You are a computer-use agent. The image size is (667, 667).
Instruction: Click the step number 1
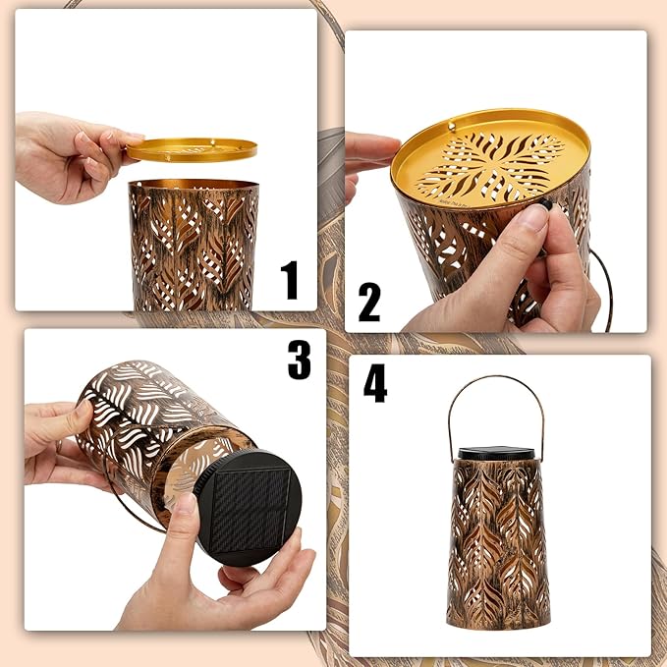click(290, 280)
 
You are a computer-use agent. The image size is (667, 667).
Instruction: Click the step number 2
click(368, 303)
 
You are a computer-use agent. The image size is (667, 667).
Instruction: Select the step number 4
click(375, 383)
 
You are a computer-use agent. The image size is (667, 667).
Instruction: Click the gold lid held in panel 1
click(192, 149)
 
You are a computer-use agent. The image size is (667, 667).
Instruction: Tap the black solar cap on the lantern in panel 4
click(496, 453)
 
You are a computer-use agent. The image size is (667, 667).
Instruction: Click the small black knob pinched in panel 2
click(545, 205)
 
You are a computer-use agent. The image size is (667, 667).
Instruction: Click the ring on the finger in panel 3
click(59, 446)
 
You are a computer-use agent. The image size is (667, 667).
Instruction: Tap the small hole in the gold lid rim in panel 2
click(451, 126)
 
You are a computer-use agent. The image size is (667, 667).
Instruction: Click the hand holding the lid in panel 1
click(73, 156)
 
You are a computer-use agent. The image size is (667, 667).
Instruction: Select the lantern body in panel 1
click(194, 246)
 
